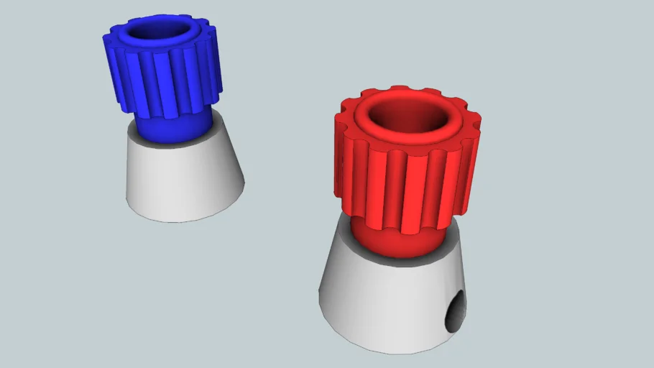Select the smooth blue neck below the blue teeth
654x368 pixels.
pyautogui.click(x=172, y=127)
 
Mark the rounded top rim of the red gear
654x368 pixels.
pyautogui.click(x=359, y=119)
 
